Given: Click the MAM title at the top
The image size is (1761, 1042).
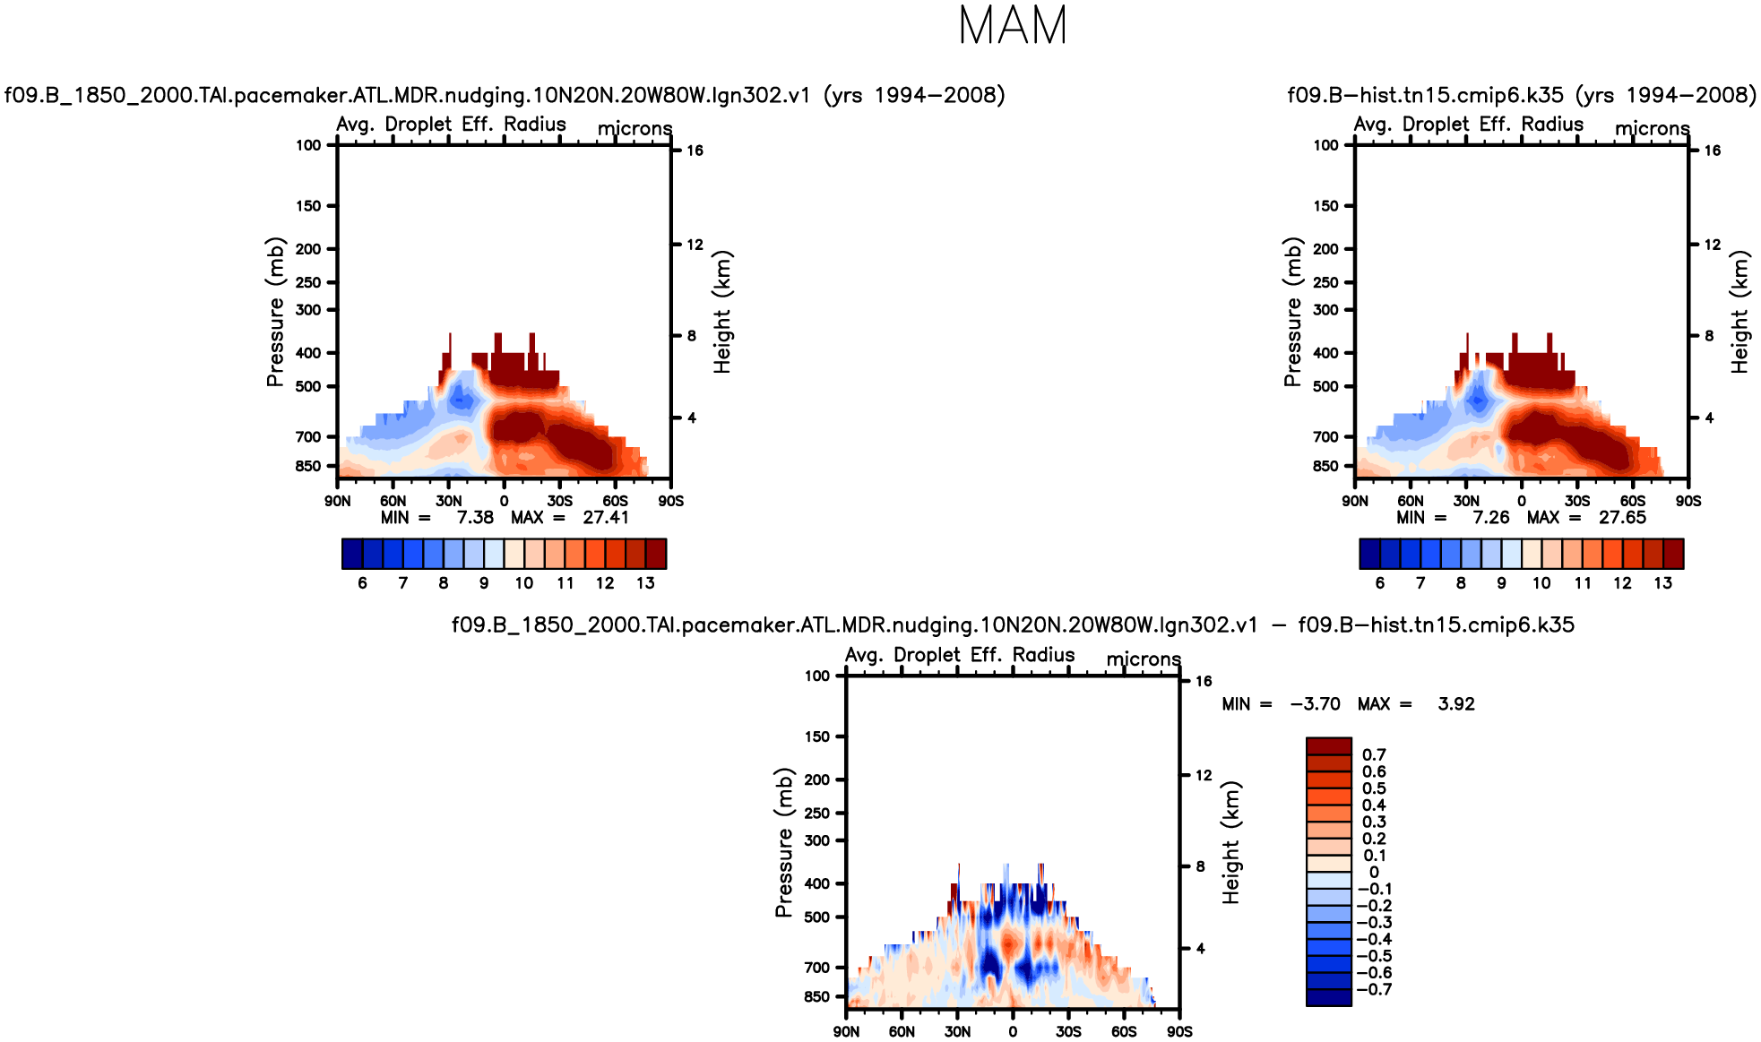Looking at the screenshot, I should tap(1013, 25).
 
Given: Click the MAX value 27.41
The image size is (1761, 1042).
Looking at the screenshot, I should tap(606, 517).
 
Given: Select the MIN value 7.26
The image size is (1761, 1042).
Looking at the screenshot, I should tap(1490, 517).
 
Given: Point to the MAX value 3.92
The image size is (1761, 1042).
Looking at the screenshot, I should tap(1455, 704).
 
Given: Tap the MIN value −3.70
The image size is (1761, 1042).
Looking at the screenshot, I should tap(1315, 704).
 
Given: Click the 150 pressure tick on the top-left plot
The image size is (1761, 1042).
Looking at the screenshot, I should tap(308, 206).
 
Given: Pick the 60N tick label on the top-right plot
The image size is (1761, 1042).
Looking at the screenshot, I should tap(1410, 501).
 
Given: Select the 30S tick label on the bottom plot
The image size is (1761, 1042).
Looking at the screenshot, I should tap(1068, 1031).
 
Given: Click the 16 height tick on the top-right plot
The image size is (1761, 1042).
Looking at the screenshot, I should tap(1712, 151).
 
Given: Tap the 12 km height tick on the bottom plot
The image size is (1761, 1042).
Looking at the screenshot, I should tap(1204, 775).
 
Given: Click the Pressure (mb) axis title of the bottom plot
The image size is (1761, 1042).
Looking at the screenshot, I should tap(784, 842).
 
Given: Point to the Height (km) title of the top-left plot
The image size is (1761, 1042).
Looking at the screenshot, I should tap(722, 311).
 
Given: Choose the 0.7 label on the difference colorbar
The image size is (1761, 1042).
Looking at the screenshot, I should tap(1374, 755).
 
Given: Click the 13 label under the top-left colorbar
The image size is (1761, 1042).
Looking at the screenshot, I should tap(645, 583).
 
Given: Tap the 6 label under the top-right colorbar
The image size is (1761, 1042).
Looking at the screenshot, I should tap(1379, 583).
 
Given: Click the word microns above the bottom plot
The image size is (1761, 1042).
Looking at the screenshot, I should tap(1144, 659).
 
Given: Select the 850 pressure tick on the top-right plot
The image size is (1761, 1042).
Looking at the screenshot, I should tap(1325, 466).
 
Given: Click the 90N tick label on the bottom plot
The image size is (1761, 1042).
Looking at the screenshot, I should tap(846, 1031).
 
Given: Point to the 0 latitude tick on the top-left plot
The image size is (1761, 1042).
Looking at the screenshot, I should tap(504, 501).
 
